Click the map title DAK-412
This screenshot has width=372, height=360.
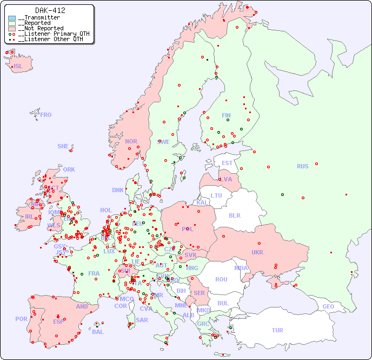click(x=50, y=10)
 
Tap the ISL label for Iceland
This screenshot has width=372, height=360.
click(x=18, y=67)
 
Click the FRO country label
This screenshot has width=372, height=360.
click(x=46, y=115)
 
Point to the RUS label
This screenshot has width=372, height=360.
click(x=302, y=166)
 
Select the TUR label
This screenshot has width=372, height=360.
click(x=277, y=330)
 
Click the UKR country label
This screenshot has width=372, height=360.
click(x=257, y=252)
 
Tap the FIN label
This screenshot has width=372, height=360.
click(x=226, y=115)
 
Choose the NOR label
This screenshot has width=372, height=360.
click(x=131, y=141)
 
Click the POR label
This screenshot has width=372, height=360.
click(x=21, y=319)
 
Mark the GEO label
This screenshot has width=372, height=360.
click(x=328, y=306)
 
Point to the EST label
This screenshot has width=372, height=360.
click(x=227, y=163)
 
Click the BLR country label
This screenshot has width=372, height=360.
click(x=234, y=215)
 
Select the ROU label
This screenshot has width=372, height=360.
click(x=221, y=279)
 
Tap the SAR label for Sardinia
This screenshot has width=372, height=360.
click(x=142, y=320)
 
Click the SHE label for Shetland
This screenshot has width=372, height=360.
click(x=63, y=146)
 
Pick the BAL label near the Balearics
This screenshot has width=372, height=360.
click(x=97, y=332)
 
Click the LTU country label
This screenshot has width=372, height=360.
click(x=216, y=195)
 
